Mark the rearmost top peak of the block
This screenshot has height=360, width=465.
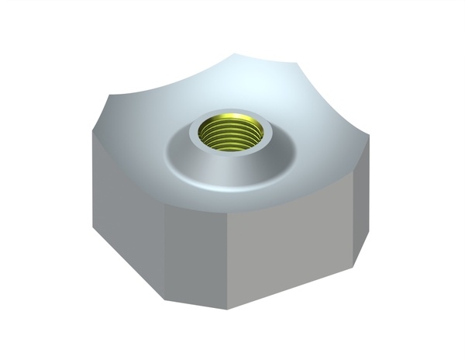236,54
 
